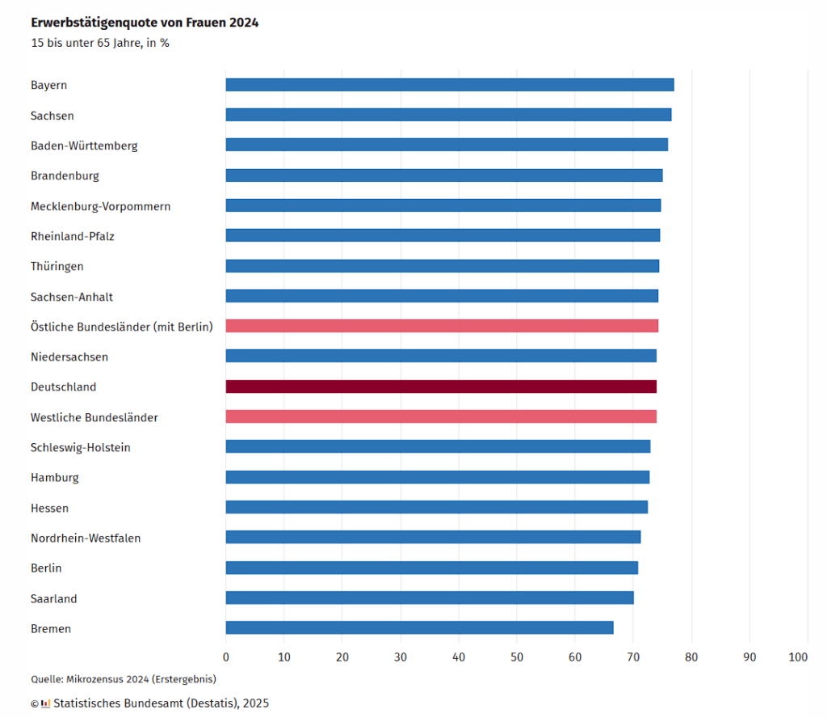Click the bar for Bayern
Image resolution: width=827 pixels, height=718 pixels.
pos(449,85)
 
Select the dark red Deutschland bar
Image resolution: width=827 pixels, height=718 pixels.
pos(441,386)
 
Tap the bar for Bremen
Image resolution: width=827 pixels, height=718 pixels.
pos(419,627)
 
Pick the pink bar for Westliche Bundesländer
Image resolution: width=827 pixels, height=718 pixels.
pos(441,416)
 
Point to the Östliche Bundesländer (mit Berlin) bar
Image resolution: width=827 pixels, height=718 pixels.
pos(442,326)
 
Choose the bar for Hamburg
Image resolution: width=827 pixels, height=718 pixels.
pos(437,477)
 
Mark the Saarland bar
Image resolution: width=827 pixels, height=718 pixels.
pos(430,598)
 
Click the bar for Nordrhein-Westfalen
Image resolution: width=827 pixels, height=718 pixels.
pos(433,537)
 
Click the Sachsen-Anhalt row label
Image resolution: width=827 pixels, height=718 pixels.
pos(72,297)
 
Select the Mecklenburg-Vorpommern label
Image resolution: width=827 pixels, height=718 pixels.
pos(100,206)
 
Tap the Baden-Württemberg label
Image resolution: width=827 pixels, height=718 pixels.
pos(84,146)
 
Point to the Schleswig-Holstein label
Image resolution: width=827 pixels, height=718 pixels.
pos(80,447)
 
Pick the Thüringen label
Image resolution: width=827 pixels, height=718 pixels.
pos(57,266)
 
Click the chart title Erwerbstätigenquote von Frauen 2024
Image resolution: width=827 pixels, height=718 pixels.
pos(145,23)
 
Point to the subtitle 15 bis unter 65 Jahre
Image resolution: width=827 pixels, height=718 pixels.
pos(99,43)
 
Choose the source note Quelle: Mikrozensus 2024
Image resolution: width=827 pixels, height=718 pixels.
pos(123,679)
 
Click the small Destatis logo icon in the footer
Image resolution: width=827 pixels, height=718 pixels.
pos(45,703)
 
